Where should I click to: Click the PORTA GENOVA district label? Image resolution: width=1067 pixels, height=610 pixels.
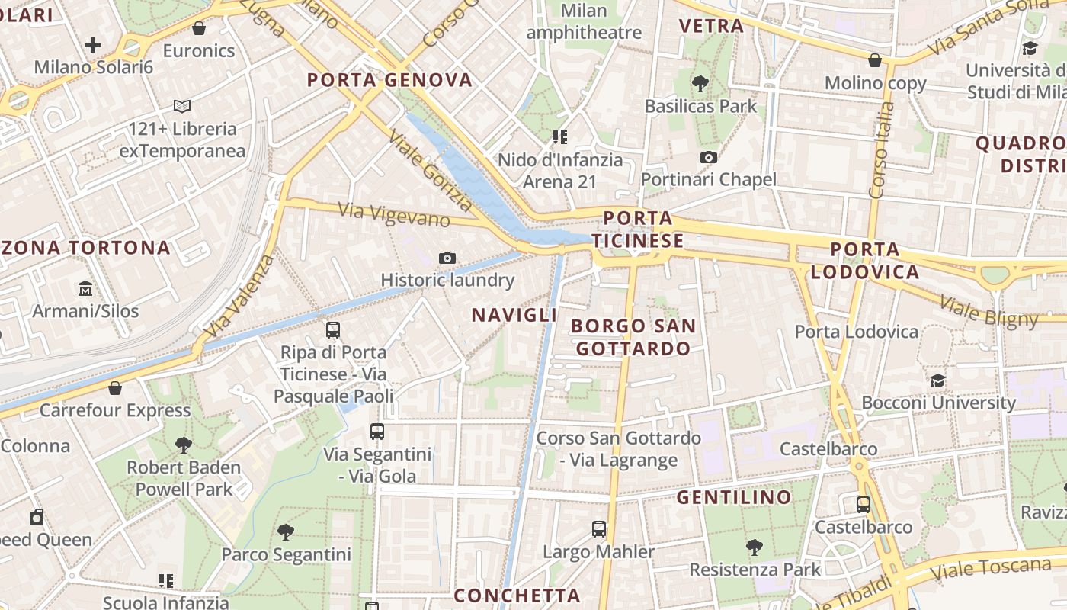coord(389,80)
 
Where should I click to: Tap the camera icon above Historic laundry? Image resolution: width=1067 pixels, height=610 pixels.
coord(447,258)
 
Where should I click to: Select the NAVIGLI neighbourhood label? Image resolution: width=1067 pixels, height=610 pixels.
coord(514,315)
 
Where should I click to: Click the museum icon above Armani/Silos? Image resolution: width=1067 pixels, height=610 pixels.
coord(85,289)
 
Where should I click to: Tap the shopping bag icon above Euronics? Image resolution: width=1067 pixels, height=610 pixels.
coord(199,29)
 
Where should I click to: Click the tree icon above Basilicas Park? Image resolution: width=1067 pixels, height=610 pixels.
coord(700,84)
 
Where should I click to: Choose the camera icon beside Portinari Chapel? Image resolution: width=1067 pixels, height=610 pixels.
coord(709,157)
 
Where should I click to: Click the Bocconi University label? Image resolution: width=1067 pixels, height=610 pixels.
coord(938,403)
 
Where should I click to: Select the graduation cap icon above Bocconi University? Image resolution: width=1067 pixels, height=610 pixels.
coord(938,380)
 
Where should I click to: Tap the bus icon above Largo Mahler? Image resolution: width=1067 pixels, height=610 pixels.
coord(599,528)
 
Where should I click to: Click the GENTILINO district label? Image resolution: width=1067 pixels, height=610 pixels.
coord(734,498)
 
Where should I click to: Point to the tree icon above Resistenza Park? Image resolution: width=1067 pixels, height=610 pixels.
coord(755,547)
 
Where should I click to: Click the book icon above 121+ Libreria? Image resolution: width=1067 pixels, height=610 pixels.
coord(182,107)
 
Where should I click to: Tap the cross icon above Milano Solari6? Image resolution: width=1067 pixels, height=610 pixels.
coord(93,45)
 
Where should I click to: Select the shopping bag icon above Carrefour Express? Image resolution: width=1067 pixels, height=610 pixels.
coord(115,388)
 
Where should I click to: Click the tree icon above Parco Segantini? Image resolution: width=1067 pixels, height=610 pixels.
coord(286,531)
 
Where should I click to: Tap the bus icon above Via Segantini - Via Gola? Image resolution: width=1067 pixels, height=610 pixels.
coord(377,432)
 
